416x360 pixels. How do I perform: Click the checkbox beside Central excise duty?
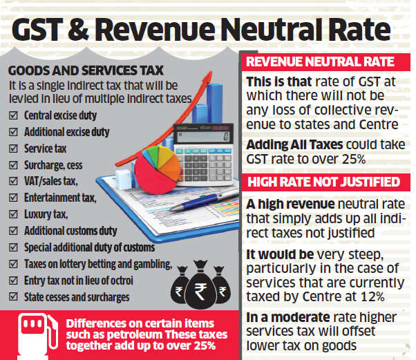pos(12,115)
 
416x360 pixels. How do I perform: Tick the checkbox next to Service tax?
pos(12,148)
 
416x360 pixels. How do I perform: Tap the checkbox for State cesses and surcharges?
pos(12,297)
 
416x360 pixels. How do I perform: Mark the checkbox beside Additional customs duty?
pos(12,231)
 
